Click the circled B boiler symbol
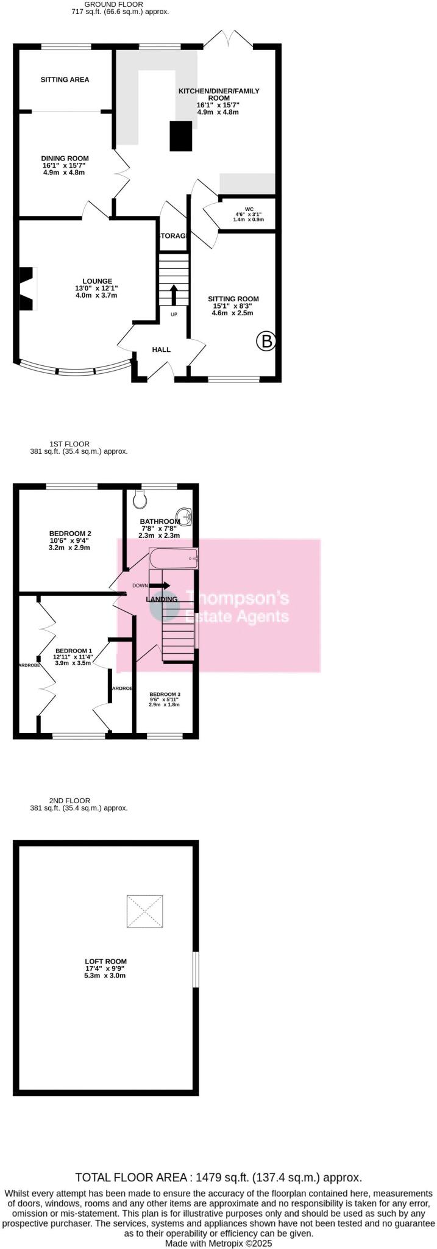pyautogui.click(x=266, y=342)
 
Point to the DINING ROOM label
pyautogui.click(x=65, y=159)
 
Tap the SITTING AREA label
pyautogui.click(x=65, y=80)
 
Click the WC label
pyautogui.click(x=249, y=209)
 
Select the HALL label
pyautogui.click(x=161, y=349)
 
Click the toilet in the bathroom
pyautogui.click(x=140, y=499)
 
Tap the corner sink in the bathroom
pyautogui.click(x=185, y=516)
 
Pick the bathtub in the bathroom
pyautogui.click(x=174, y=558)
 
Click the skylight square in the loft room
pyautogui.click(x=145, y=911)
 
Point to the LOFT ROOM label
pyautogui.click(x=105, y=962)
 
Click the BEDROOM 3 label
pyautogui.click(x=165, y=694)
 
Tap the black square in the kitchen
pyautogui.click(x=180, y=136)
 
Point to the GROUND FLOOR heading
pyautogui.click(x=113, y=4)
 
